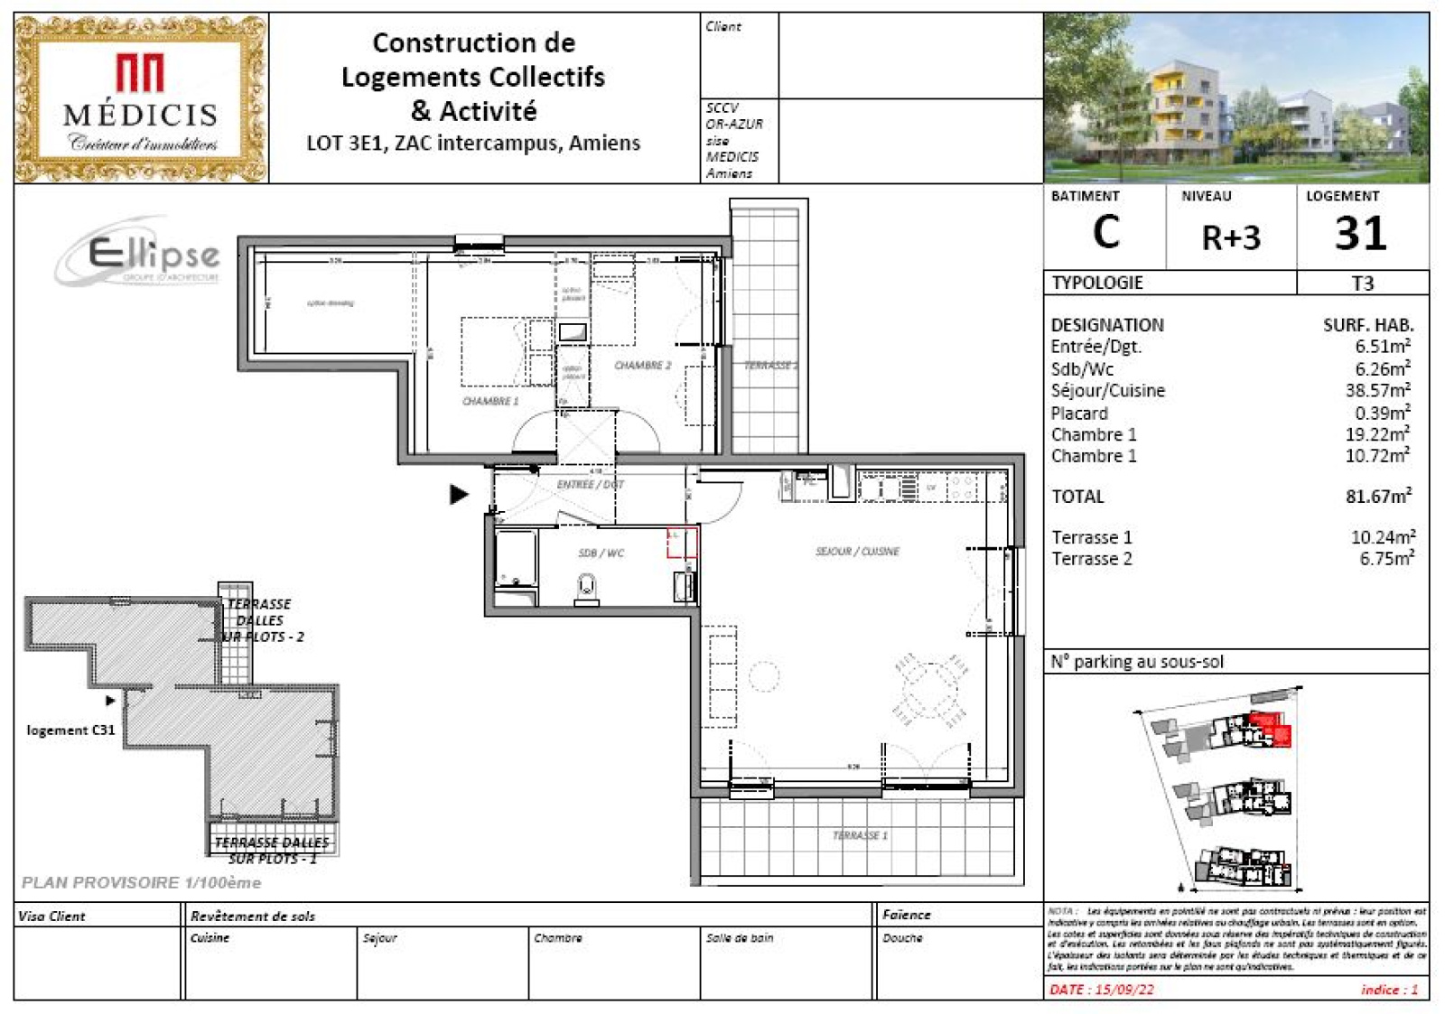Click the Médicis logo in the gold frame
(x=140, y=98)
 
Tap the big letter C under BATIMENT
(x=1105, y=233)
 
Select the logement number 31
(x=1361, y=234)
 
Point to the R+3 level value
(x=1230, y=237)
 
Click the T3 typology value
(x=1362, y=284)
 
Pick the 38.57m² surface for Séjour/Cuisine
(x=1377, y=391)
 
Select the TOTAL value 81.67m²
(x=1378, y=497)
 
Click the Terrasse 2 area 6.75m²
(x=1385, y=559)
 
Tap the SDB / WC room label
(x=601, y=553)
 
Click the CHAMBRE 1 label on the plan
(x=490, y=401)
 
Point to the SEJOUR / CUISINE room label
(x=857, y=551)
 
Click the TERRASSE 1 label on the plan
(x=860, y=835)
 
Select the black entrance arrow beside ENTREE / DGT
(x=459, y=494)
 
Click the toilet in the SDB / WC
(x=587, y=589)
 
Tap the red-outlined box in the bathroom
(x=682, y=543)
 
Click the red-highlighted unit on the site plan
(x=1272, y=728)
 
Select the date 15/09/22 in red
(x=1102, y=990)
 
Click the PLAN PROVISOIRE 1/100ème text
(x=141, y=882)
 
